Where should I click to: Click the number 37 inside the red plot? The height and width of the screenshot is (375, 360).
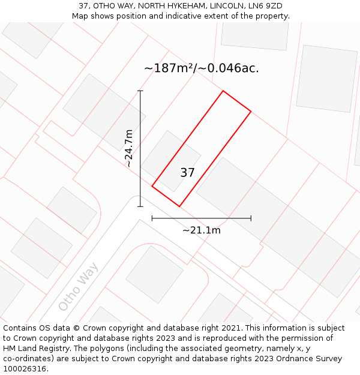click(187, 173)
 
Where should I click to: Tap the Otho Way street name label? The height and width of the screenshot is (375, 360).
click(78, 286)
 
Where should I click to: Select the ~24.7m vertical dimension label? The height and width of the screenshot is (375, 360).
click(128, 148)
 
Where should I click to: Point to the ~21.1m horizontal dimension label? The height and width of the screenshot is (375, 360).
click(202, 230)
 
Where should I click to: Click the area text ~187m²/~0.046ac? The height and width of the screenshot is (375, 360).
click(202, 68)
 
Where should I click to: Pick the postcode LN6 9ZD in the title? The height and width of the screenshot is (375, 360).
click(263, 6)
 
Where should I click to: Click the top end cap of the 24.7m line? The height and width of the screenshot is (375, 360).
click(140, 91)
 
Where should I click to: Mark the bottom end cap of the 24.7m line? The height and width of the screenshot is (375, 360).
click(140, 206)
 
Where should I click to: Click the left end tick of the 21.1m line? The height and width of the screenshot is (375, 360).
click(152, 218)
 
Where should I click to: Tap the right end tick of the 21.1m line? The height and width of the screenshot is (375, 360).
click(251, 218)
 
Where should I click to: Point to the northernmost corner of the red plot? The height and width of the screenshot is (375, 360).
click(223, 91)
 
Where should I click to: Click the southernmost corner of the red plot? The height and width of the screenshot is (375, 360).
click(179, 206)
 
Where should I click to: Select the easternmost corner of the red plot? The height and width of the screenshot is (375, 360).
click(251, 112)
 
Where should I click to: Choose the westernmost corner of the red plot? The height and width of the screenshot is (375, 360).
click(152, 186)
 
